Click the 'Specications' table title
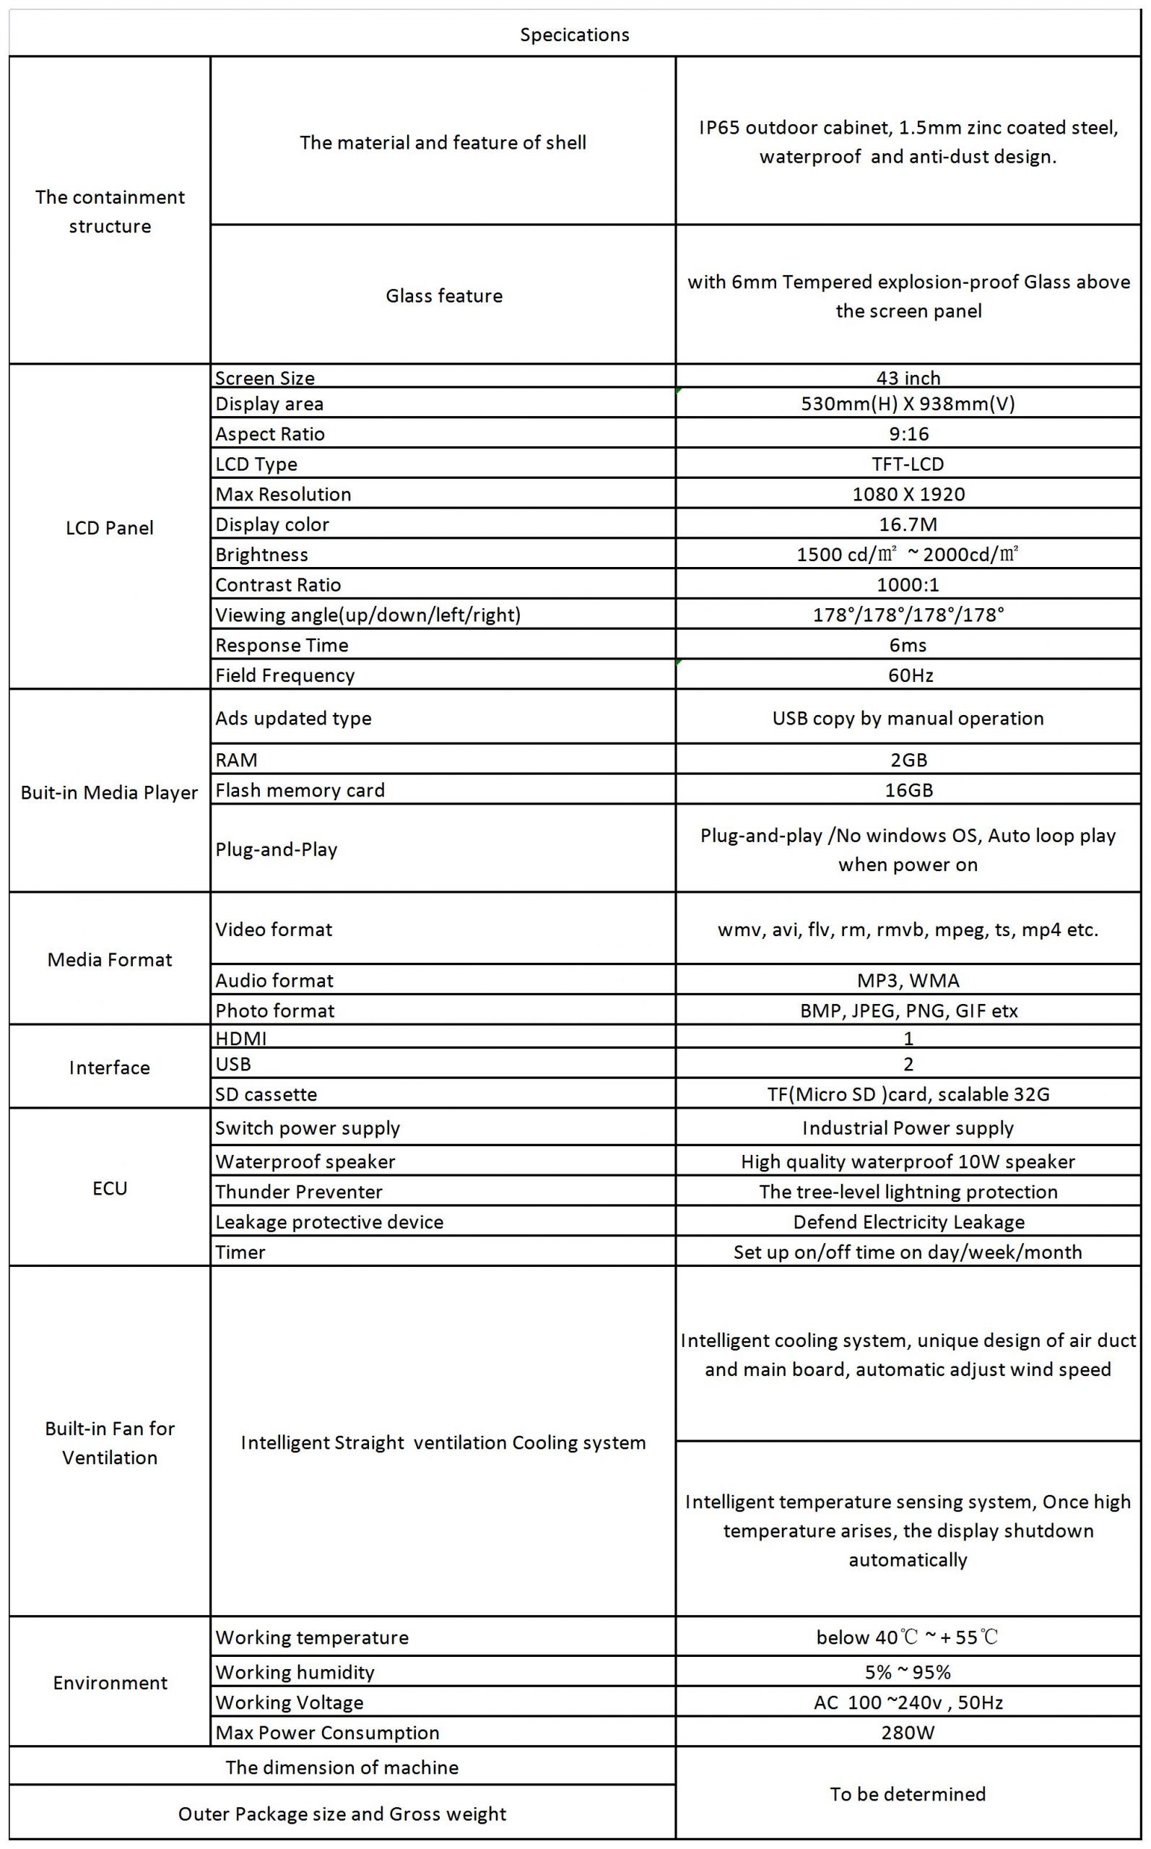click(575, 35)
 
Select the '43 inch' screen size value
click(908, 378)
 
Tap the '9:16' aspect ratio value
click(908, 434)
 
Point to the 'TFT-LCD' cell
click(908, 464)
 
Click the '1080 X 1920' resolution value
click(908, 494)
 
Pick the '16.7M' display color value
click(908, 524)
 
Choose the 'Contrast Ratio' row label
click(278, 584)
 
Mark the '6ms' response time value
click(908, 646)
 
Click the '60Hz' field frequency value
click(911, 675)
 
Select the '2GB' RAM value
click(908, 760)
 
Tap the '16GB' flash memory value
click(908, 790)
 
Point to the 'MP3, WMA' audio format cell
click(908, 980)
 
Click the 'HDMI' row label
click(240, 1039)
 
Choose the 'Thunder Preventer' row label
click(298, 1191)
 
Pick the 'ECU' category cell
click(110, 1188)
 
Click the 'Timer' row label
click(240, 1252)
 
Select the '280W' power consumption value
click(908, 1733)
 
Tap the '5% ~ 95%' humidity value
click(908, 1672)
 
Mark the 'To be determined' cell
click(908, 1794)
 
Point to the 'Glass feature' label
click(444, 295)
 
